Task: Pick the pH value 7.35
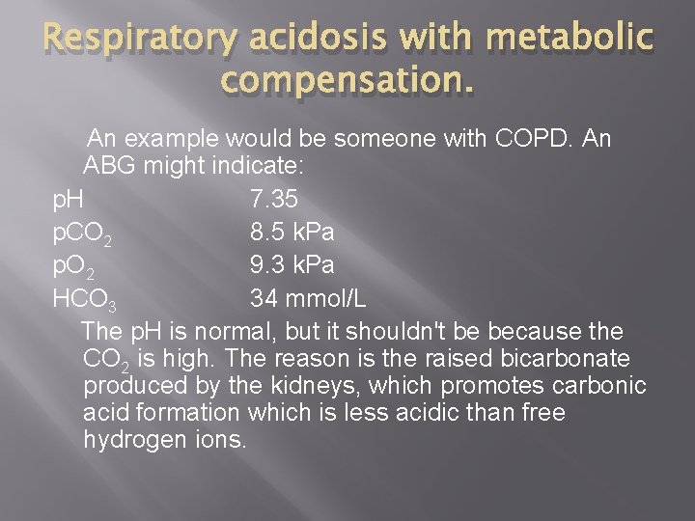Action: tap(274, 200)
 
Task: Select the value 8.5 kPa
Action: tap(292, 233)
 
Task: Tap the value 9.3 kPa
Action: tap(292, 265)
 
